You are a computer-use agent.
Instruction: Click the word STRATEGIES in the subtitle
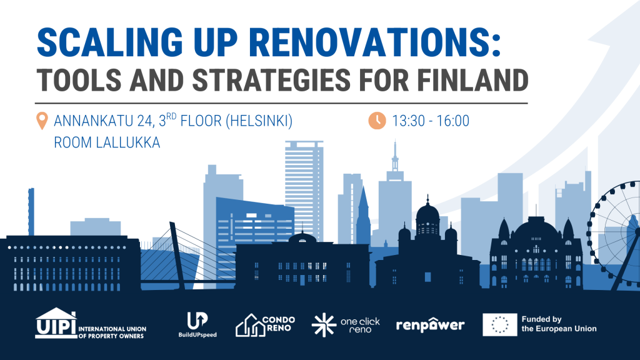click(271, 80)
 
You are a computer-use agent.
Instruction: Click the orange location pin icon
click(42, 121)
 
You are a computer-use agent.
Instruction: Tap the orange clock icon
click(377, 121)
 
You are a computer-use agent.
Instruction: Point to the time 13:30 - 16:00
click(431, 121)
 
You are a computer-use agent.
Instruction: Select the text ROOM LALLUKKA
click(107, 142)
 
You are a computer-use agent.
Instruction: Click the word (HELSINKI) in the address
click(259, 121)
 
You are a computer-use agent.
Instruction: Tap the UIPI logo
click(91, 324)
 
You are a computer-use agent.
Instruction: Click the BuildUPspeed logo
click(197, 324)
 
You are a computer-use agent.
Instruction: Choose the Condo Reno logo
click(265, 325)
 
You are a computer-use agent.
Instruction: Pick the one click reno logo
click(346, 325)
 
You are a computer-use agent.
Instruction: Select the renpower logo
click(430, 325)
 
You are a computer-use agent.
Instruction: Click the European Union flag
click(499, 325)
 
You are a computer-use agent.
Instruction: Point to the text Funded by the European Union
click(559, 324)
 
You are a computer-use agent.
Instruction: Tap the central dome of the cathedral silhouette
click(427, 216)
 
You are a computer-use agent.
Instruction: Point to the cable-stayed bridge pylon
click(177, 255)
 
